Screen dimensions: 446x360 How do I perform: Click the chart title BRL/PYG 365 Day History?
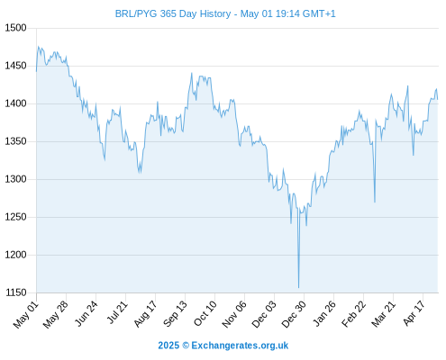[x=173, y=13]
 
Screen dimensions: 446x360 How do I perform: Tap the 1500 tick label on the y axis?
[x=16, y=28]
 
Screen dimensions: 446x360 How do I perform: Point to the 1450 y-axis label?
[x=16, y=66]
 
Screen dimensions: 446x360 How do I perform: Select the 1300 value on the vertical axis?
[x=16, y=179]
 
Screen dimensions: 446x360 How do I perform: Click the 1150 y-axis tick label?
[x=16, y=292]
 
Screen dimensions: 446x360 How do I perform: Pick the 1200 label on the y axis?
[x=16, y=255]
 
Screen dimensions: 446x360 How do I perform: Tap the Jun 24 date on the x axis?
[x=86, y=314]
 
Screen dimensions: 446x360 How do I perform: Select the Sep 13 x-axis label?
[x=175, y=314]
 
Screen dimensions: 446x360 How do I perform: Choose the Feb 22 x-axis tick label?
[x=353, y=314]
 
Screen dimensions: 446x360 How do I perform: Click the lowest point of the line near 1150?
[x=298, y=287]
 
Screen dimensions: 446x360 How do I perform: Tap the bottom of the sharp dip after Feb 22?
[x=375, y=202]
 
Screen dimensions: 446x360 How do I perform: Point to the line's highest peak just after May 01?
[x=38, y=47]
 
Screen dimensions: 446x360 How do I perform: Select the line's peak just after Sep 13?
[x=192, y=73]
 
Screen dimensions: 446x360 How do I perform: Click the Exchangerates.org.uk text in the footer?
[x=240, y=346]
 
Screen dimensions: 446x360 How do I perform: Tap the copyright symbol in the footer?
[x=186, y=346]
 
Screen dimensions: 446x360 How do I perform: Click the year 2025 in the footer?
[x=168, y=346]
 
